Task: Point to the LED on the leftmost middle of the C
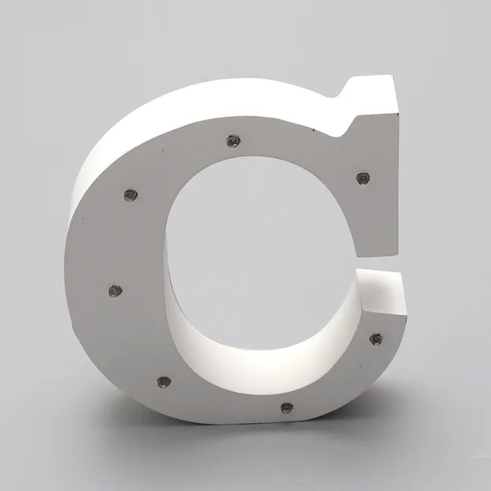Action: coord(115,291)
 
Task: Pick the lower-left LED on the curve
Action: coord(164,381)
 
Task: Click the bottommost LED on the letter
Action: coord(286,407)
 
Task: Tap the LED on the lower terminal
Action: coord(375,338)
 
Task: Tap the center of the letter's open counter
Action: coord(262,245)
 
